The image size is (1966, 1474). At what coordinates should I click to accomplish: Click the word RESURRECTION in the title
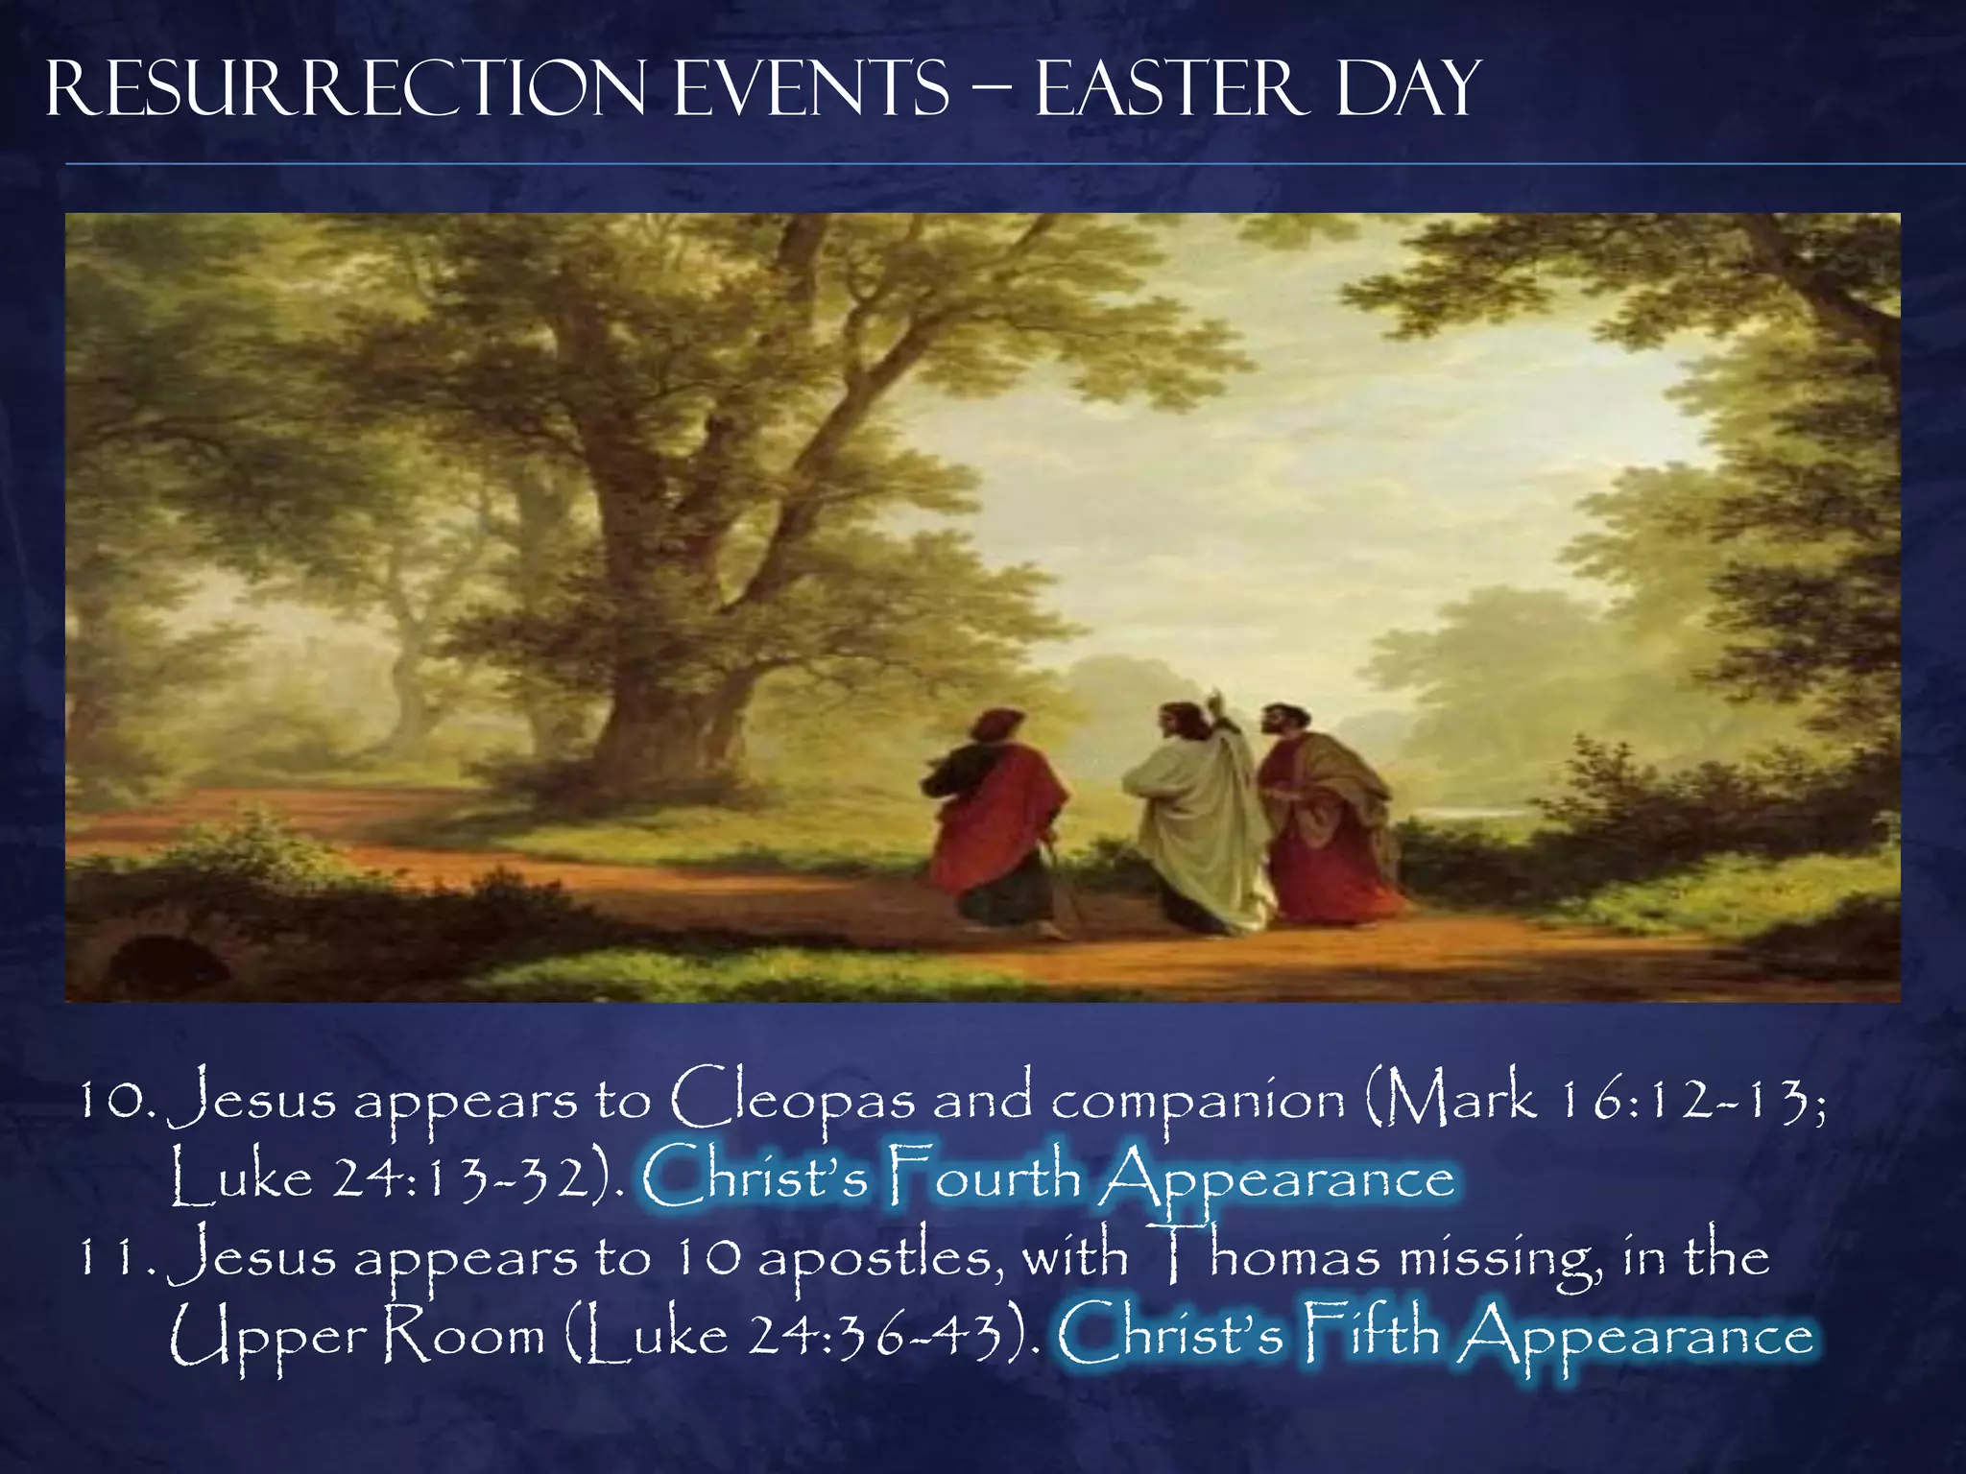[346, 89]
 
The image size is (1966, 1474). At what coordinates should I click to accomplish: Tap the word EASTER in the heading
[1171, 89]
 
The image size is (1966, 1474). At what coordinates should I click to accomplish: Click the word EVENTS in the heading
[812, 89]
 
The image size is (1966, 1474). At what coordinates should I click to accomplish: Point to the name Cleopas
[793, 1100]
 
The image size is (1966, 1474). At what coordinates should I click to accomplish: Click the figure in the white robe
[1200, 825]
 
